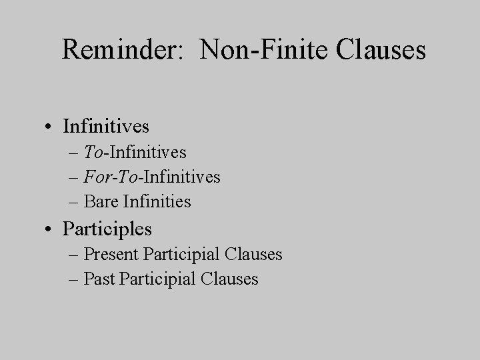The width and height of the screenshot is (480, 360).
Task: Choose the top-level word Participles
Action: [x=107, y=229]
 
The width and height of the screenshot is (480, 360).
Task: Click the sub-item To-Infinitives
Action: [x=135, y=153]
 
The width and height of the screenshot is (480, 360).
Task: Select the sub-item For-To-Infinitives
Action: [x=152, y=177]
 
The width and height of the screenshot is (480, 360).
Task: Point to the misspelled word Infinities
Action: [x=157, y=201]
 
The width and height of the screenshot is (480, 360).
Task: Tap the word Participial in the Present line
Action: [x=182, y=254]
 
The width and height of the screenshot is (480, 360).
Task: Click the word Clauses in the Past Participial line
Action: [x=229, y=278]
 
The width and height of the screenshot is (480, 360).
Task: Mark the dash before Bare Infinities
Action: [x=72, y=201]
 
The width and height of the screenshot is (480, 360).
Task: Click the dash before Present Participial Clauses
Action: [x=72, y=255]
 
